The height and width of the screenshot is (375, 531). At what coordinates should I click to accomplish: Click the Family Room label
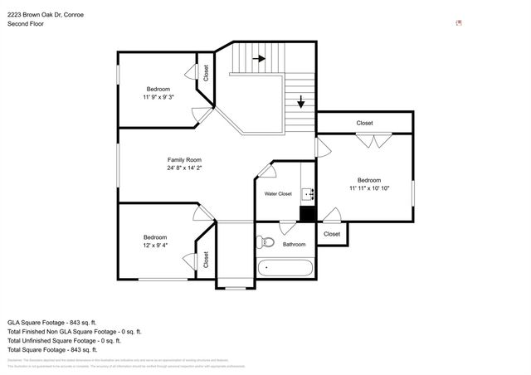pos(184,159)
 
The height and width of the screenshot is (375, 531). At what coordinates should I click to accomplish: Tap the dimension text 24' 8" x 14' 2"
pos(184,168)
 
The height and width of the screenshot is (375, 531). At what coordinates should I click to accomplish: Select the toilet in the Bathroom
pos(265,242)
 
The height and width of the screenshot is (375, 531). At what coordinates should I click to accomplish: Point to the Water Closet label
pos(278,193)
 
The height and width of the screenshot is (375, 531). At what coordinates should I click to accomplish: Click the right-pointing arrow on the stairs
pos(258,59)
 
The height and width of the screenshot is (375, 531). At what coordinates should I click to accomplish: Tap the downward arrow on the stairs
pos(300,103)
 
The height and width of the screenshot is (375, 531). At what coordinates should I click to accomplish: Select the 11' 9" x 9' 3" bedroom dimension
pos(158,97)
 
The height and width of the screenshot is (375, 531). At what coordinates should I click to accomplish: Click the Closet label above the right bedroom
pos(364,123)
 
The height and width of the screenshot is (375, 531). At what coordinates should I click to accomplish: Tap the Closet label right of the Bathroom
pos(332,234)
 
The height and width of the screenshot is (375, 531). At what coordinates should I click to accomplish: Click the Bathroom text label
pos(294,244)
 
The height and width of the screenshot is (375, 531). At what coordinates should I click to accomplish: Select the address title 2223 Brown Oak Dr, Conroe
pos(46,15)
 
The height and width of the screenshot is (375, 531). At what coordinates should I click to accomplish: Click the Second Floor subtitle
pos(26,24)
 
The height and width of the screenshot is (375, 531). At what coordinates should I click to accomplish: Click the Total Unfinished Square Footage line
pos(64,340)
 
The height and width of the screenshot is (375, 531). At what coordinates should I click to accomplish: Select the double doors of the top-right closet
pos(369,141)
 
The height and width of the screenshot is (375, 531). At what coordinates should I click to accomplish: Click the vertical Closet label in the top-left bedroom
pos(206,73)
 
